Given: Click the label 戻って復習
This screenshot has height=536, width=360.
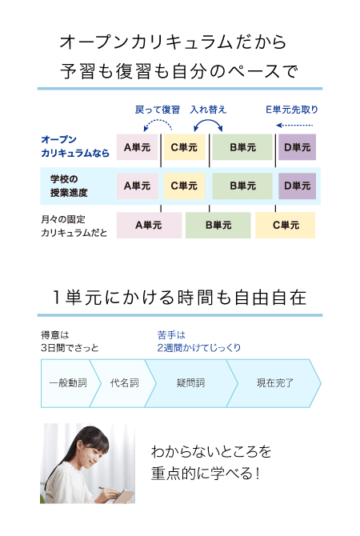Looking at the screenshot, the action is click(x=158, y=110).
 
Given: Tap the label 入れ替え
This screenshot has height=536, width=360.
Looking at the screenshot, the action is click(x=208, y=110).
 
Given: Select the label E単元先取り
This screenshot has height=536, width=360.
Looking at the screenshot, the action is click(x=292, y=110).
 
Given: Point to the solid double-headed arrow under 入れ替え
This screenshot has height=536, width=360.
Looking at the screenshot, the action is click(x=208, y=120).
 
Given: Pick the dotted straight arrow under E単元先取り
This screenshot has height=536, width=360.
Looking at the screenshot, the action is click(x=294, y=125).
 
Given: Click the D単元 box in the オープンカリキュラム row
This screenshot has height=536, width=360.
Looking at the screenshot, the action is click(x=297, y=147).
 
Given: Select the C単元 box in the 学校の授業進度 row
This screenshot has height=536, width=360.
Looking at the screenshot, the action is click(x=184, y=186).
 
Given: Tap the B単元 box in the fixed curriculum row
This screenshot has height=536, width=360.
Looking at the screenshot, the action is click(x=218, y=225).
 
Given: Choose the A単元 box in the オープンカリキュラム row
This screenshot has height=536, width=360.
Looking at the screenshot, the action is click(x=137, y=147).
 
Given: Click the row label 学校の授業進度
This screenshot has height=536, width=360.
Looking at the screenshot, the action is click(x=69, y=186).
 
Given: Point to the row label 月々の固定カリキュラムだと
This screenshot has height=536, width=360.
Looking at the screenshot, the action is click(x=74, y=226).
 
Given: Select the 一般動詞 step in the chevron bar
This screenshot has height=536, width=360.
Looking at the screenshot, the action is click(x=68, y=383).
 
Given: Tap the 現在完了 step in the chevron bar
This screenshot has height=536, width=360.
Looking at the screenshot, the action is click(x=275, y=383).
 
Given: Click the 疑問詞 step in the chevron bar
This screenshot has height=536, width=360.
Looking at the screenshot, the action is click(x=190, y=383).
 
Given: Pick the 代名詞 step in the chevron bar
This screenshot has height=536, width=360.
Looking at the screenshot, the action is click(x=125, y=383).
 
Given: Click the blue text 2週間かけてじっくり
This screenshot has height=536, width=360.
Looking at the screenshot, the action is click(x=198, y=348).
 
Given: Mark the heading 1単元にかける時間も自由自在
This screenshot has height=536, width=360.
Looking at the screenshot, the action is click(x=180, y=298).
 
